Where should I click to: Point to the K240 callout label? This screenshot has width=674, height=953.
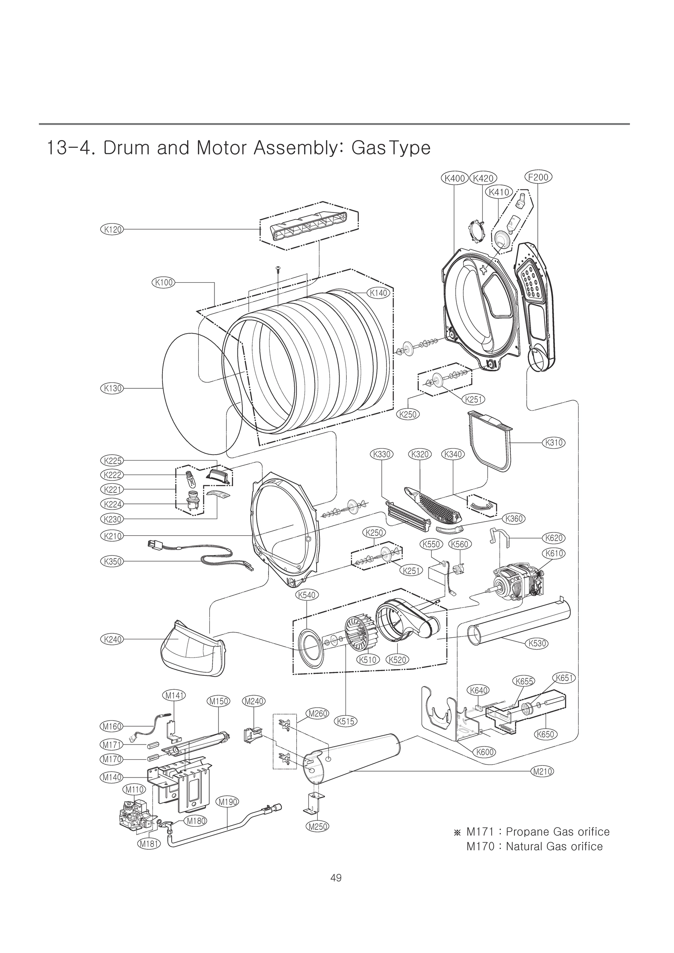click(112, 639)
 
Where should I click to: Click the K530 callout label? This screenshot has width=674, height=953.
click(537, 643)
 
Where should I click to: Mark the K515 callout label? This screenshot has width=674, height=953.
click(346, 721)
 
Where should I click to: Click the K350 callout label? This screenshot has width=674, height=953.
click(112, 561)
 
